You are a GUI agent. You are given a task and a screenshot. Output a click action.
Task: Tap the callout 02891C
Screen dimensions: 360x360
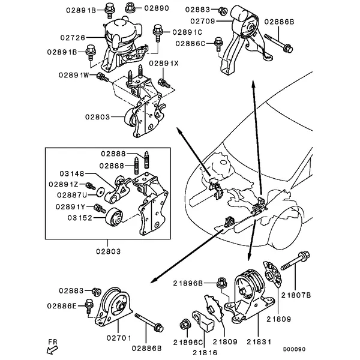click(x=186, y=32)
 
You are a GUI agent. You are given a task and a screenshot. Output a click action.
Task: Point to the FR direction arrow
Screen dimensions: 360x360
click(x=52, y=347)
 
